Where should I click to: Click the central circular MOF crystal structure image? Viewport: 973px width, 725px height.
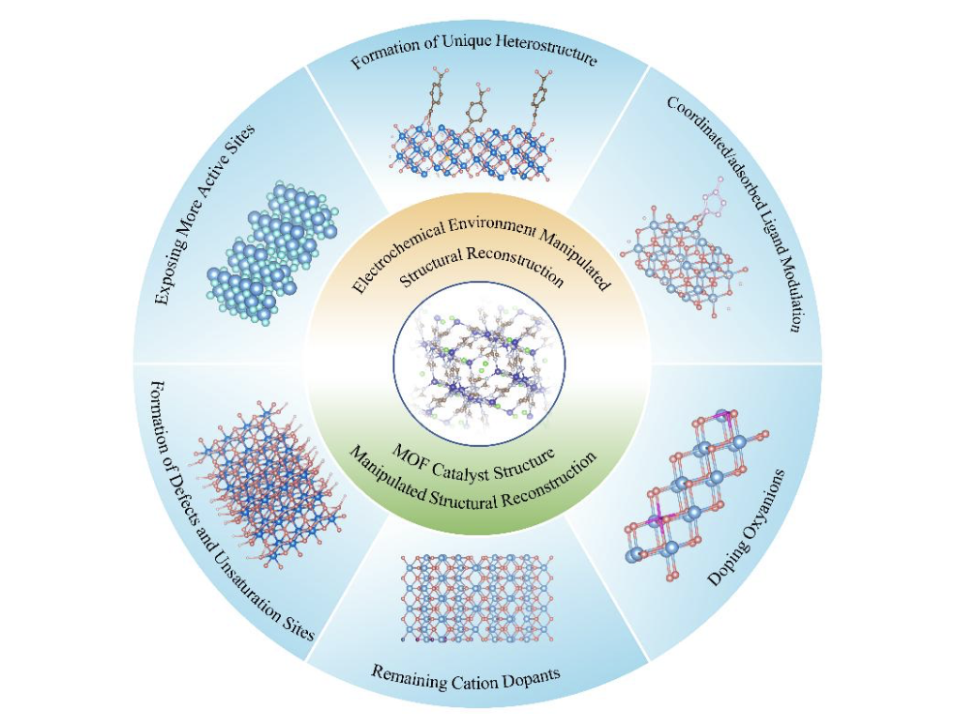(479, 362)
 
